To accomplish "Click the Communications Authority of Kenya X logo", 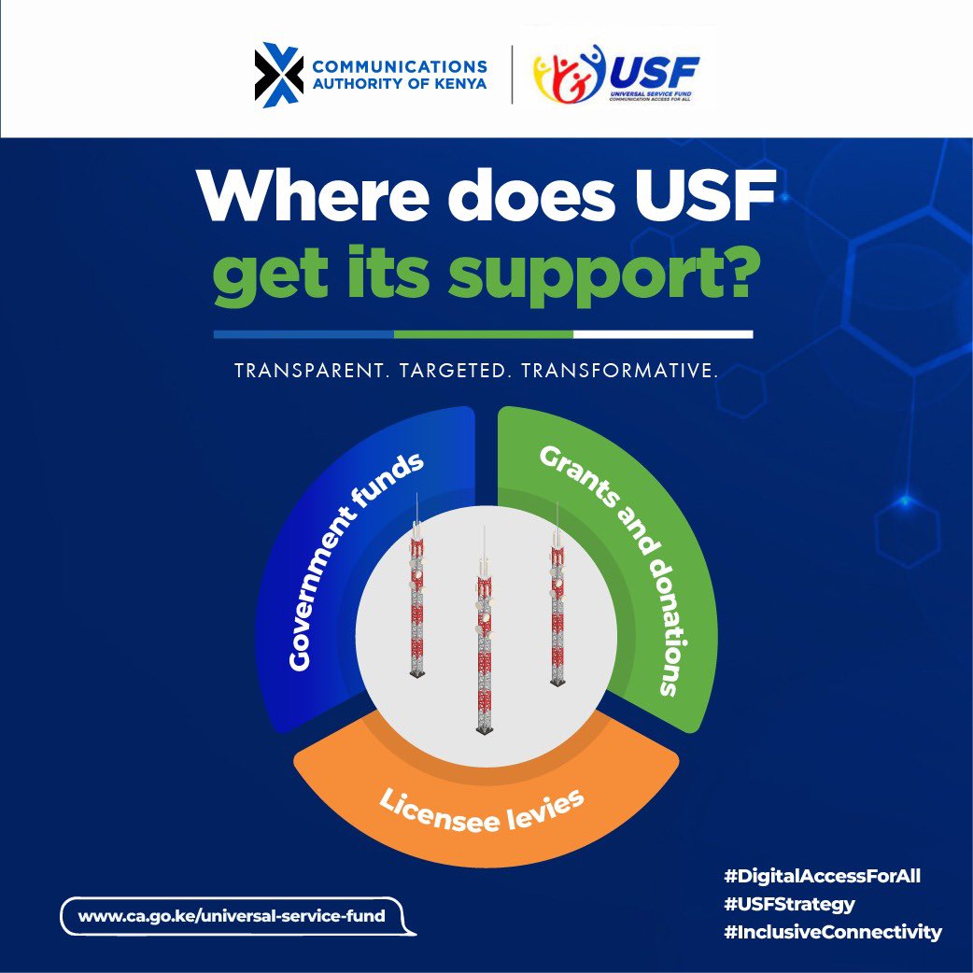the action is (x=278, y=75).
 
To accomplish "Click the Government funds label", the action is (x=354, y=561).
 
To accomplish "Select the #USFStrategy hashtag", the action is (x=789, y=904).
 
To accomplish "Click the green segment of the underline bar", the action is (x=483, y=333).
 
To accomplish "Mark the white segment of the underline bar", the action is (x=663, y=333).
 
